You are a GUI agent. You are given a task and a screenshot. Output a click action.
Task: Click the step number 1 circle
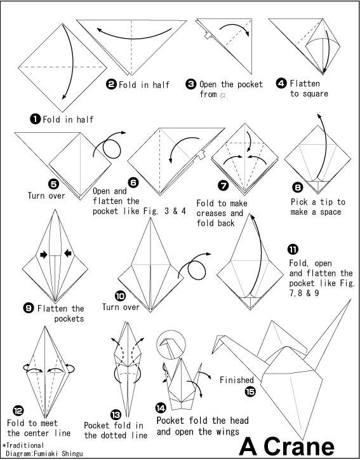[x=35, y=119]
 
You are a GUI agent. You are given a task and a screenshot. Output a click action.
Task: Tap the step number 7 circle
[x=223, y=186]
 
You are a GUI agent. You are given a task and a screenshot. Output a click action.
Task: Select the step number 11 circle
[x=293, y=249]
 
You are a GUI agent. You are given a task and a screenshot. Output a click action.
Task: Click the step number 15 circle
[x=250, y=391]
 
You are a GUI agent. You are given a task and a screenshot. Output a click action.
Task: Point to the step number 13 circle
[x=116, y=415]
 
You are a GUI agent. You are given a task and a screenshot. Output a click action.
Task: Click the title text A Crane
[x=287, y=447]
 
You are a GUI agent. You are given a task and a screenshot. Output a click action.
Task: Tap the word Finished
[x=237, y=380]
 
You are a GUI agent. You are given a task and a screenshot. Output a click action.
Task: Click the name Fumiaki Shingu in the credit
[x=58, y=454]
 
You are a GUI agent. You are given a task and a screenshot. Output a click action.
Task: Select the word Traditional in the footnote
[x=25, y=445]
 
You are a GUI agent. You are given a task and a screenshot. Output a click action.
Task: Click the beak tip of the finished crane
[x=213, y=353]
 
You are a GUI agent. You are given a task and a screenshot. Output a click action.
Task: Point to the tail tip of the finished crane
[x=350, y=300]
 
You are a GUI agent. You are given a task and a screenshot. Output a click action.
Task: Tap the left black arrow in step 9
[x=44, y=254]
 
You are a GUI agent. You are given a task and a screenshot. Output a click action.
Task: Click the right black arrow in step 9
[x=68, y=253]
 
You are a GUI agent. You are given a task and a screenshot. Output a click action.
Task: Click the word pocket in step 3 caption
[x=250, y=85]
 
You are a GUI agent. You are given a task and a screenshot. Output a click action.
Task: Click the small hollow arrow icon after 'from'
[x=223, y=95]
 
